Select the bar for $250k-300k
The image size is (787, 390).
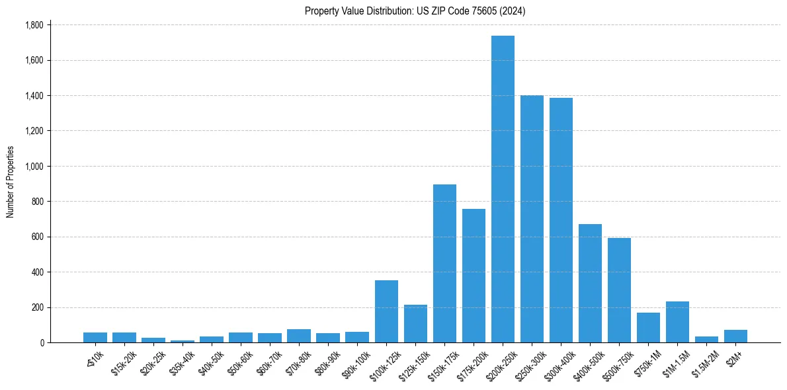pyautogui.click(x=532, y=219)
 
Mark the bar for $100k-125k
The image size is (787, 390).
pyautogui.click(x=386, y=311)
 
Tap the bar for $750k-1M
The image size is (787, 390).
pyautogui.click(x=648, y=327)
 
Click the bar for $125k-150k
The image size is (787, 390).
pyautogui.click(x=415, y=323)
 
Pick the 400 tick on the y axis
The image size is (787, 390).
pyautogui.click(x=38, y=272)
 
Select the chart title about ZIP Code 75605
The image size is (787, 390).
pyautogui.click(x=415, y=11)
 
